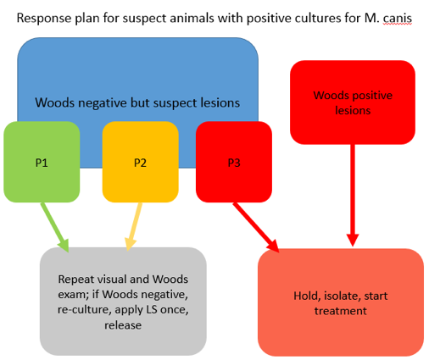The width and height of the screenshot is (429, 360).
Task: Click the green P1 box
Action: click(x=42, y=162)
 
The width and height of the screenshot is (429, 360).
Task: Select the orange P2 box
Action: click(x=140, y=162)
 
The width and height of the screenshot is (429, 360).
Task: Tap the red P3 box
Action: click(x=234, y=162)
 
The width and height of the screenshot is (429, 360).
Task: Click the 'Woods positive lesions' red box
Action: click(x=353, y=102)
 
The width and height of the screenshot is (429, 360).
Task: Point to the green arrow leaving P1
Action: click(x=55, y=227)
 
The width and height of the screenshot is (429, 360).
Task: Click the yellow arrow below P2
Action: click(x=133, y=227)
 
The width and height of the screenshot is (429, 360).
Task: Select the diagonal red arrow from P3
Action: click(x=256, y=227)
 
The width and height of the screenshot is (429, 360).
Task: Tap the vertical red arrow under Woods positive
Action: click(x=353, y=196)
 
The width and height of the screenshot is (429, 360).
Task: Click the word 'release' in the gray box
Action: click(x=123, y=325)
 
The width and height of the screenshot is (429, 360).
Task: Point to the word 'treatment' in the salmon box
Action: click(x=341, y=311)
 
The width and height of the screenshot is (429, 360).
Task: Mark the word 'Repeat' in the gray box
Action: click(x=75, y=280)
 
